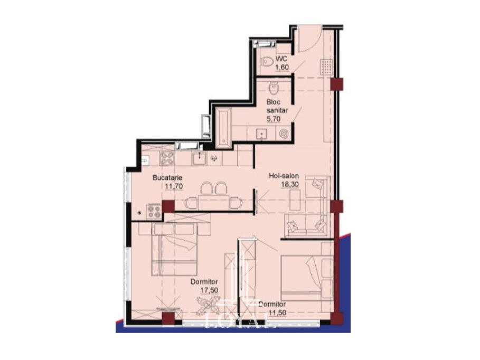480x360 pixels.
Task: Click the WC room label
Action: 281,59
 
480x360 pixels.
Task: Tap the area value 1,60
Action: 283,67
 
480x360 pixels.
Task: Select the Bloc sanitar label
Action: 277,106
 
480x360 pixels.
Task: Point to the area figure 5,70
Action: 274,119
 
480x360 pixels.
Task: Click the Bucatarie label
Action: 167,177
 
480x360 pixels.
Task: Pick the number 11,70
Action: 174,186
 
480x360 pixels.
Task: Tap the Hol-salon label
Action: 284,176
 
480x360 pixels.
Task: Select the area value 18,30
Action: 290,184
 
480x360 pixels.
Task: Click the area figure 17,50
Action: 210,290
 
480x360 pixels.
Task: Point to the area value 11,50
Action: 278,313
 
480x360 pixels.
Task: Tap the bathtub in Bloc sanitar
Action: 224,127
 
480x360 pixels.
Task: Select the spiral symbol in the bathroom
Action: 284,134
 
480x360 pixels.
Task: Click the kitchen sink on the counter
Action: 200,158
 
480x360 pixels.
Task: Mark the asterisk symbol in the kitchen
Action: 139,213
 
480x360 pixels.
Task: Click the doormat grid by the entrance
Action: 326,67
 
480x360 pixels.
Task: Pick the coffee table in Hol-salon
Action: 295,200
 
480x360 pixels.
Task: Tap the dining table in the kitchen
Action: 214,202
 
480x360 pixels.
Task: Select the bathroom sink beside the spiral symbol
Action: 261,134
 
